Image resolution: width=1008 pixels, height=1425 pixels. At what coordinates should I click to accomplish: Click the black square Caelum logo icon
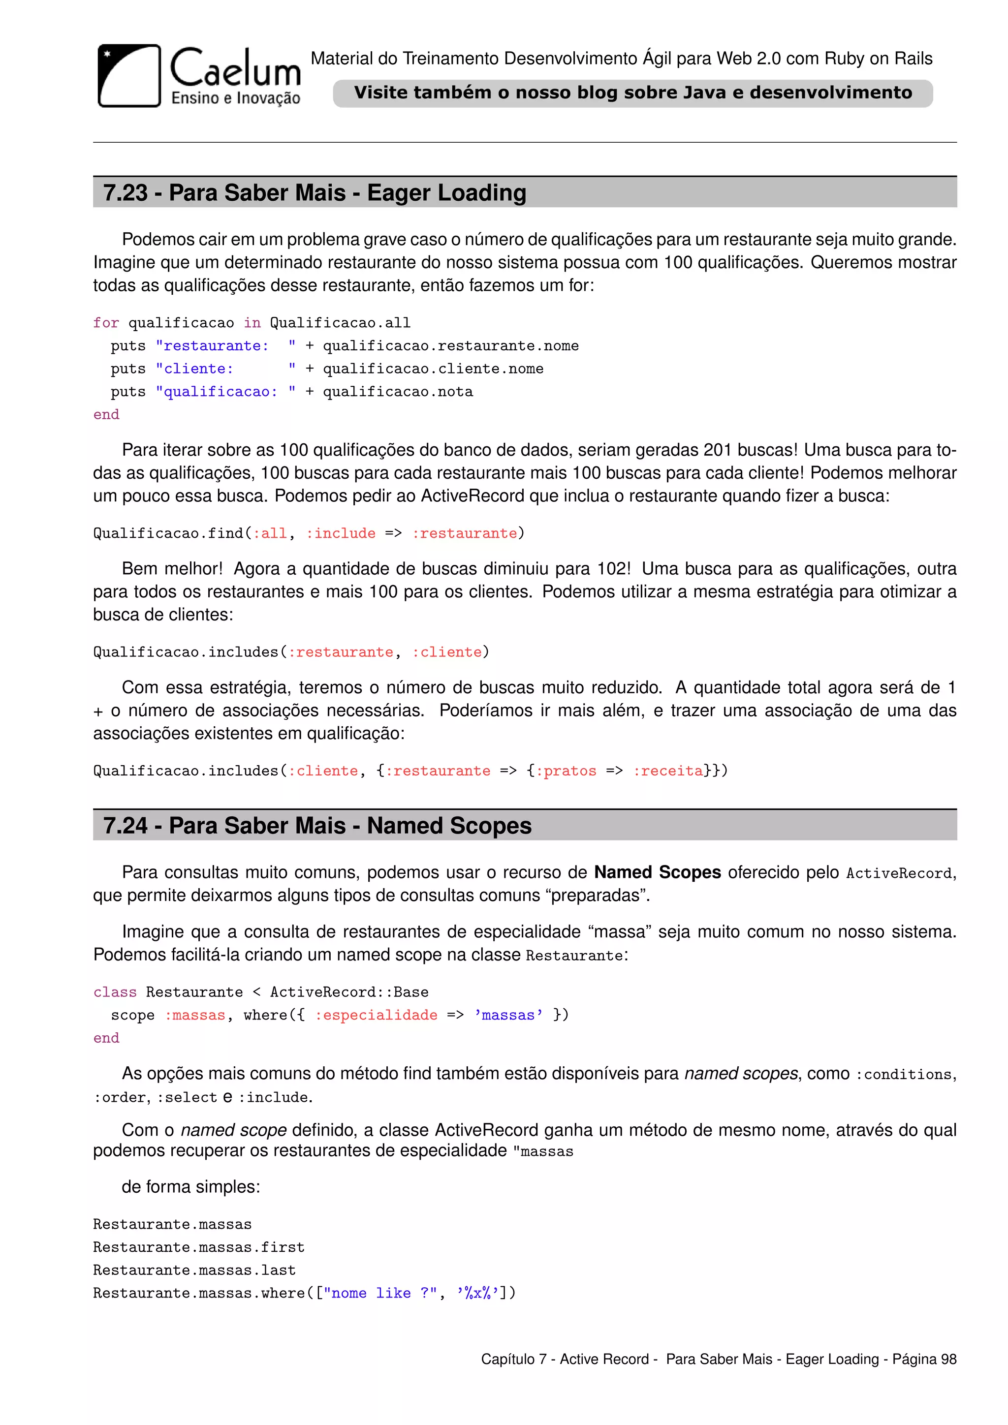(x=129, y=76)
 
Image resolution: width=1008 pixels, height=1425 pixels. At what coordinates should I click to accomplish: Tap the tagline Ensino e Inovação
(x=235, y=98)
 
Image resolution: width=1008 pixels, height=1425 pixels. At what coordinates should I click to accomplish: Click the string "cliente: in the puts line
(x=194, y=369)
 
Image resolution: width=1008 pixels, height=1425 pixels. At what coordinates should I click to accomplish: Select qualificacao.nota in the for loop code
(x=397, y=392)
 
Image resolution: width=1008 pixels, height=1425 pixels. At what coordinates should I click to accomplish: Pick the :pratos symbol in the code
(x=566, y=771)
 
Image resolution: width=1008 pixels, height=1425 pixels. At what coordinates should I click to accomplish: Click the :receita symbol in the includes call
(x=668, y=771)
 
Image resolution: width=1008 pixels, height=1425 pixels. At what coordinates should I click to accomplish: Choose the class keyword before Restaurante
(x=115, y=992)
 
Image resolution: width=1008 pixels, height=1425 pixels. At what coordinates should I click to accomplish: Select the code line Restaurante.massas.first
(x=199, y=1247)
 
